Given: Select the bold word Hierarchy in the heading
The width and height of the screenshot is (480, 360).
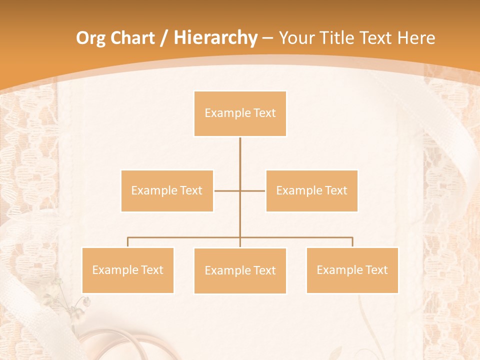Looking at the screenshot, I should pyautogui.click(x=215, y=38).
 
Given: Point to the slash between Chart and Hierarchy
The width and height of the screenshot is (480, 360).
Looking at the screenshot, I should pyautogui.click(x=164, y=38).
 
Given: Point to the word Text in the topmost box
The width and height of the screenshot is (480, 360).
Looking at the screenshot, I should pyautogui.click(x=265, y=113).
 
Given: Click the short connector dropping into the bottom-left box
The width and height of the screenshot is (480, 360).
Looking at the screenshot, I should pyautogui.click(x=127, y=242).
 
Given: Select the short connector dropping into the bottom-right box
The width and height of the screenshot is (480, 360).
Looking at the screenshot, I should pyautogui.click(x=352, y=242).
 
